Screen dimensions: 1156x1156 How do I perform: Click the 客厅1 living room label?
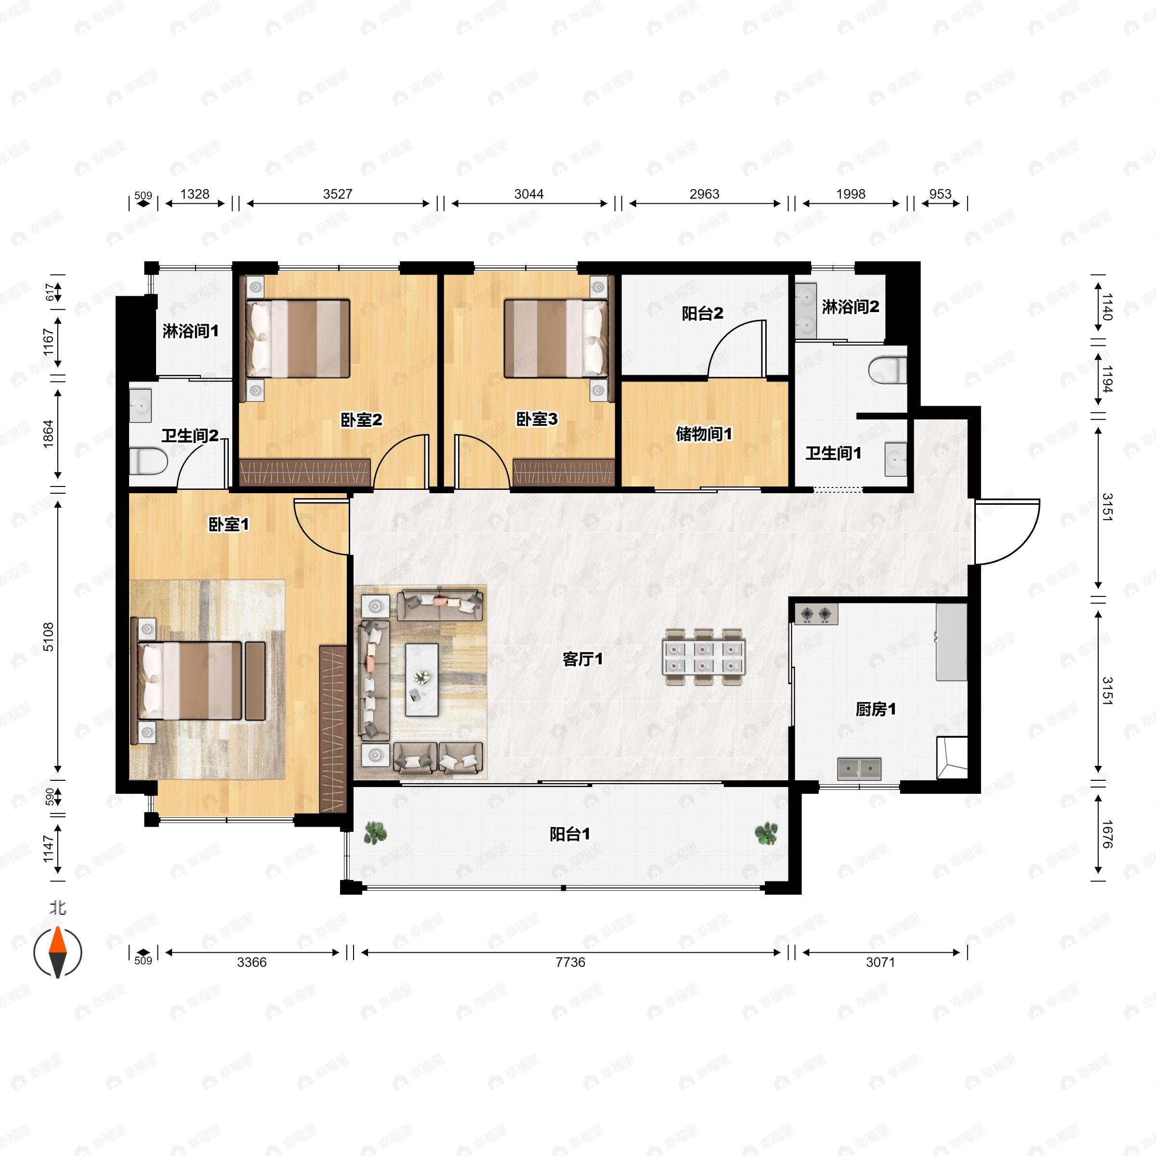coord(582,659)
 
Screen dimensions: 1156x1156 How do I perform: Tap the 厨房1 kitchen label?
coord(875,709)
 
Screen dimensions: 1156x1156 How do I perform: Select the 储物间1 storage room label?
coord(704,434)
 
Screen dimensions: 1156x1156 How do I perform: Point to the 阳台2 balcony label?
coord(702,313)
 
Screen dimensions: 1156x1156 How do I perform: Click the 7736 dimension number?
coord(570,962)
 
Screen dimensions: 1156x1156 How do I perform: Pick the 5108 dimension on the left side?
coord(49,637)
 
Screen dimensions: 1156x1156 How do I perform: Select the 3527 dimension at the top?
coord(338,194)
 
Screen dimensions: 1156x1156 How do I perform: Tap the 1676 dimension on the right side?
coord(1107,835)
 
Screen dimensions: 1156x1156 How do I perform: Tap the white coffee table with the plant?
coord(422,680)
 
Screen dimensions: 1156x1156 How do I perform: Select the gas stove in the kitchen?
coord(816,614)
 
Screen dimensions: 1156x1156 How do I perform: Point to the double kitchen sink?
coord(859,769)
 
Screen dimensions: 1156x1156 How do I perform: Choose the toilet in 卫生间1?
coord(887,370)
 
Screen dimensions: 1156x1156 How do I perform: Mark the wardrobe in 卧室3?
coord(564,472)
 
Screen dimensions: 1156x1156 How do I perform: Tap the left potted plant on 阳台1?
coord(375,833)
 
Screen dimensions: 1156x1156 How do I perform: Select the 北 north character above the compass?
coord(57,908)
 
